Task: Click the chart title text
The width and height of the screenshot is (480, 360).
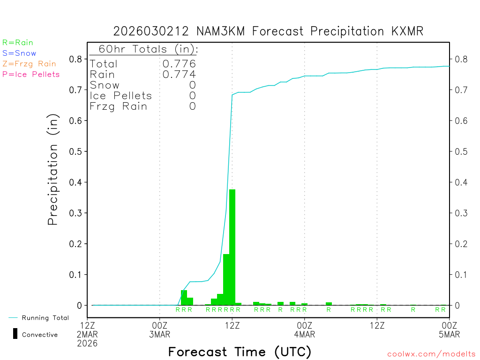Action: [268, 31]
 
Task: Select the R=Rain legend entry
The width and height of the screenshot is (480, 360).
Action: [18, 43]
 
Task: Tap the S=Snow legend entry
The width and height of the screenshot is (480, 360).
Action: [19, 53]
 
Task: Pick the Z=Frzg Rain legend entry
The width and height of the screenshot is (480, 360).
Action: [29, 64]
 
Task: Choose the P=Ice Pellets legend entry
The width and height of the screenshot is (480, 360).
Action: [31, 74]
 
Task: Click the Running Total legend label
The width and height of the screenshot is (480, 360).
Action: [45, 318]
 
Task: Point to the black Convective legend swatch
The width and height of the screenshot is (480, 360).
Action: [15, 334]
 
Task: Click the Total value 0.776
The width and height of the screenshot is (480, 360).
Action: [179, 64]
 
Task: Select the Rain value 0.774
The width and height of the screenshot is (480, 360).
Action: [179, 75]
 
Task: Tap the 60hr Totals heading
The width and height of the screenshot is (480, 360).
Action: [144, 49]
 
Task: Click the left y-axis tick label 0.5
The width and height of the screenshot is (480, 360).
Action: [76, 151]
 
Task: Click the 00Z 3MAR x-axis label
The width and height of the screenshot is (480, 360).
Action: [160, 329]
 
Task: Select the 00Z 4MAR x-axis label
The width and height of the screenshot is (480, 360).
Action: [304, 329]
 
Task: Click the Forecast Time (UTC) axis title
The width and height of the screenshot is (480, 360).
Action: [240, 352]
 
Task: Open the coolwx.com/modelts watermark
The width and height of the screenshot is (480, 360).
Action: [431, 354]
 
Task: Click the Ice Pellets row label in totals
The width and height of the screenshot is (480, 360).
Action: [121, 96]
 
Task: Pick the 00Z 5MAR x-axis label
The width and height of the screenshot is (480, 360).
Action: [449, 329]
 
